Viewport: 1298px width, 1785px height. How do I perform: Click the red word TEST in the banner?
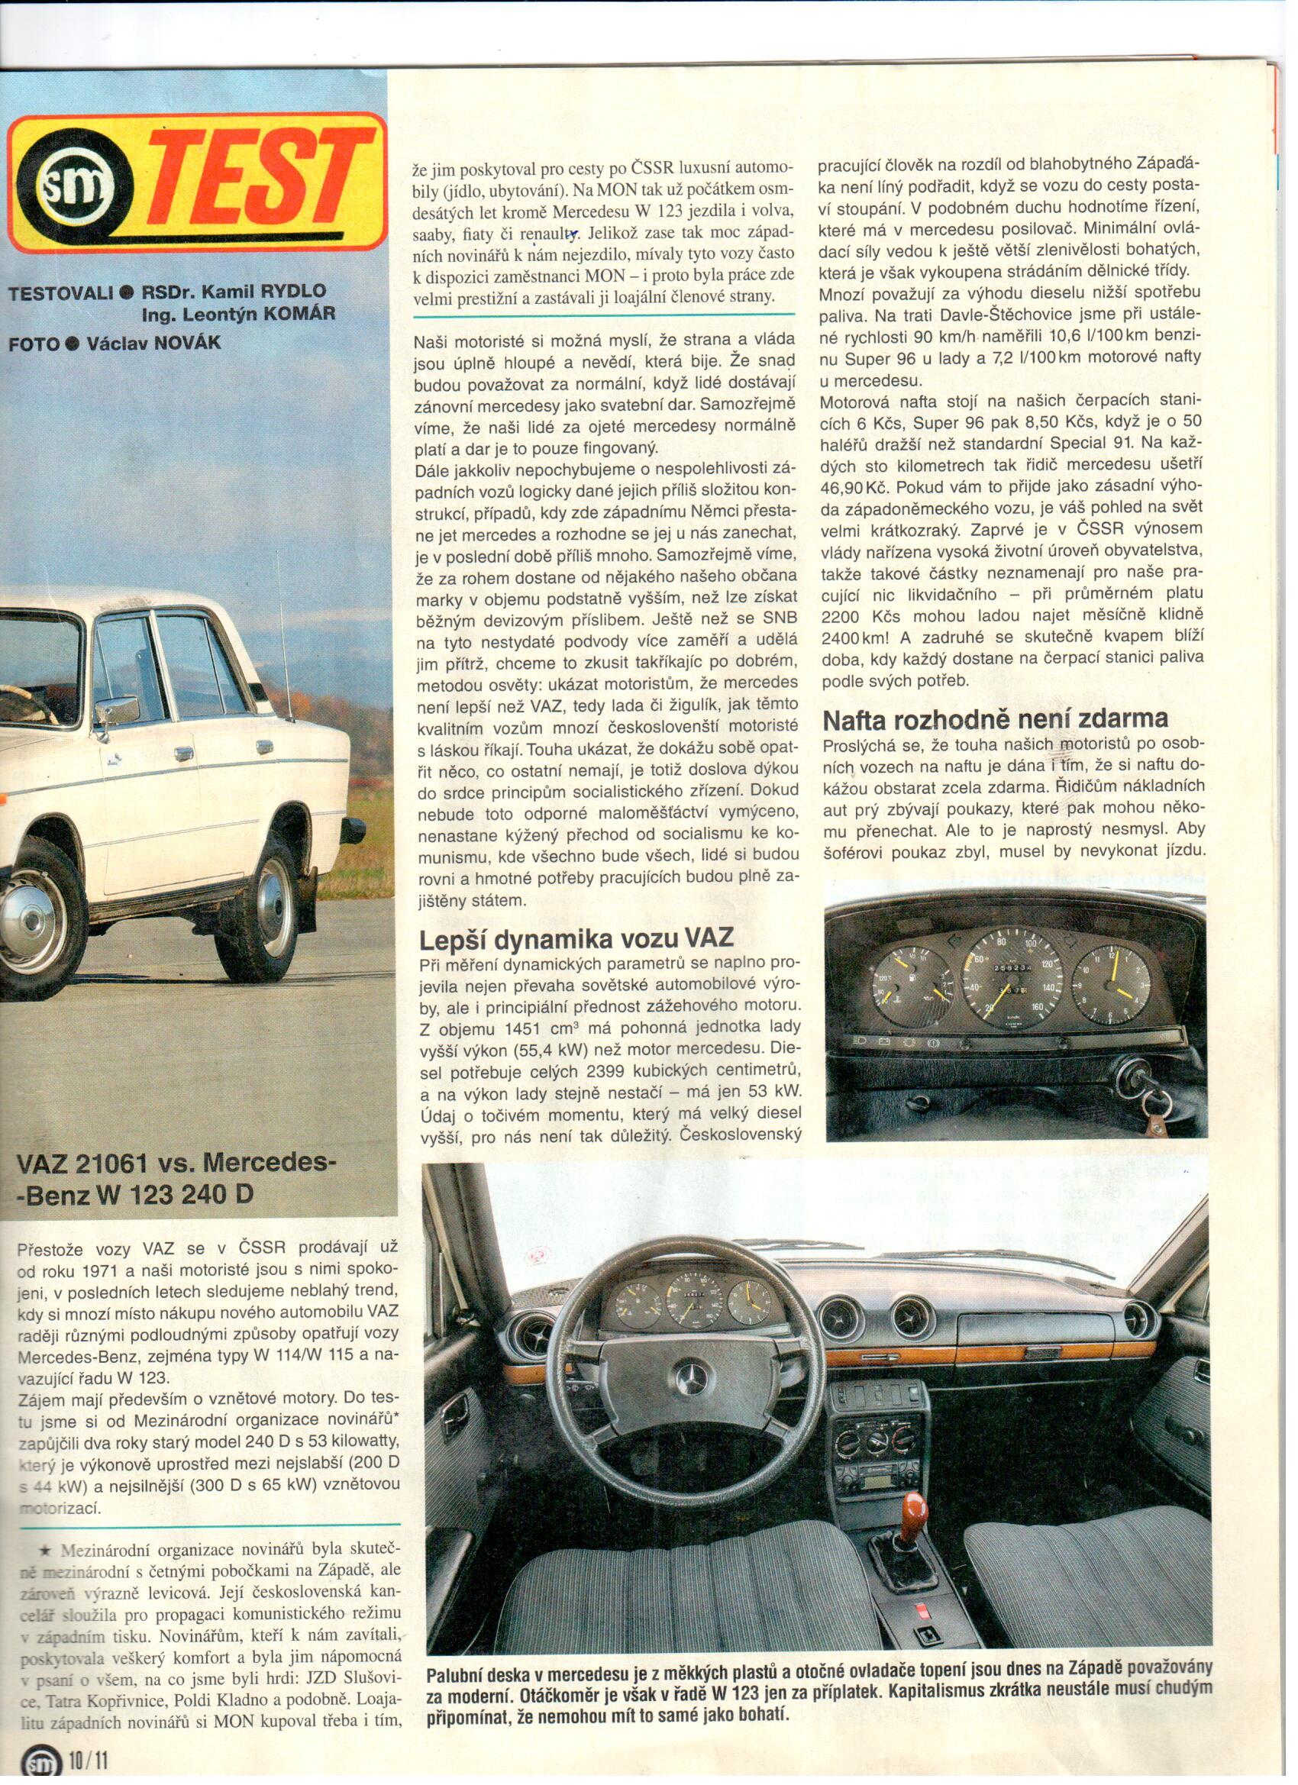260,183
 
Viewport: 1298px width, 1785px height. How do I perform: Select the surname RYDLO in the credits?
294,290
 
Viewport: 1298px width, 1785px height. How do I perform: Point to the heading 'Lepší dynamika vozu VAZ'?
576,938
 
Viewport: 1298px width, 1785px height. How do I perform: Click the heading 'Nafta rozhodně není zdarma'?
995,718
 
